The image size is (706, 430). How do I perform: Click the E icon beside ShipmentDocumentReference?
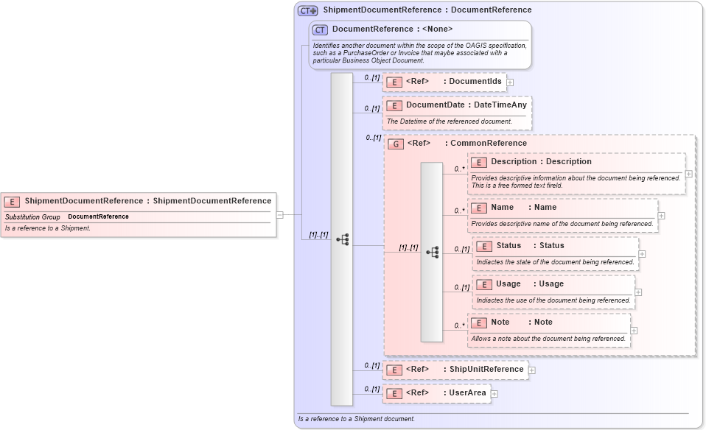[x=13, y=201]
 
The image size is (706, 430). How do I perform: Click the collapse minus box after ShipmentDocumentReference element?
[x=280, y=215]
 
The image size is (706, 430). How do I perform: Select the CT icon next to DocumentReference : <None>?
[x=320, y=29]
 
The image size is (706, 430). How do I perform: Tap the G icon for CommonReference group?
[x=396, y=144]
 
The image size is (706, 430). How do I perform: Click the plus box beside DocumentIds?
[x=510, y=82]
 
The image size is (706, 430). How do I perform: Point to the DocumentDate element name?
[x=435, y=105]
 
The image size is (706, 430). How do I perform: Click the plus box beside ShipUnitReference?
[x=531, y=370]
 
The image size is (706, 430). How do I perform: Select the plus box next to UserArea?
[x=494, y=394]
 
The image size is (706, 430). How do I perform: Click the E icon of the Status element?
[x=484, y=246]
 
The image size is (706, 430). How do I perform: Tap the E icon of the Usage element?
[x=484, y=284]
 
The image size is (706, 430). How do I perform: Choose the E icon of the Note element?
[x=479, y=322]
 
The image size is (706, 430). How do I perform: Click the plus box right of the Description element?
[x=688, y=174]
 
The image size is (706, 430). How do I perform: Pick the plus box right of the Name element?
[x=661, y=216]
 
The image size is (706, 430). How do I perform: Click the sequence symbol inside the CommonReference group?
[x=433, y=252]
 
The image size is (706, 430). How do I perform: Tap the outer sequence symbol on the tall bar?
[x=342, y=239]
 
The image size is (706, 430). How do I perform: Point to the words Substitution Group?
[x=32, y=217]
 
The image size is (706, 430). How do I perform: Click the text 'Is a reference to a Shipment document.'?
[x=356, y=419]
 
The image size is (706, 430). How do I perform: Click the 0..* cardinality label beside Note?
[x=459, y=325]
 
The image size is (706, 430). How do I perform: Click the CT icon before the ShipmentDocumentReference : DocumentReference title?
[x=307, y=10]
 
